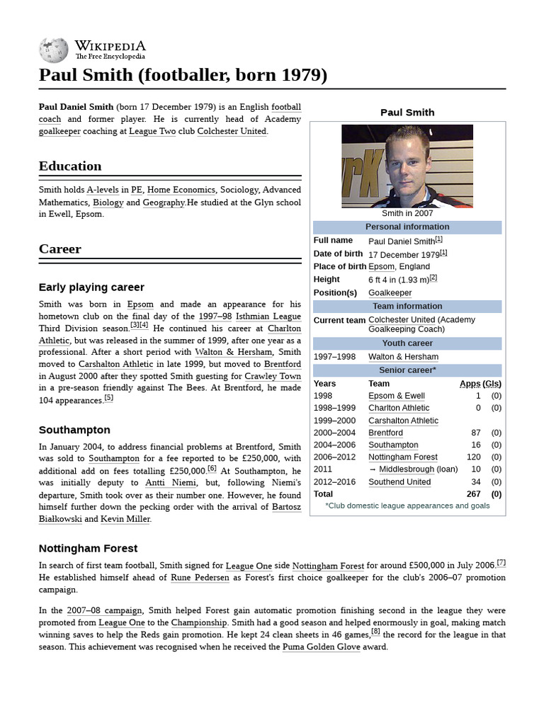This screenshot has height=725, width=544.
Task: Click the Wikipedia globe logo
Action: coord(53,49)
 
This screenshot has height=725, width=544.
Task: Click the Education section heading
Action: coord(70,166)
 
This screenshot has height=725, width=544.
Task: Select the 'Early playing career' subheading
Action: coord(91,287)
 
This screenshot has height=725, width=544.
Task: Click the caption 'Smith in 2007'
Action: coord(407,213)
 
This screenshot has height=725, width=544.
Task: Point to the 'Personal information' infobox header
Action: coord(407,227)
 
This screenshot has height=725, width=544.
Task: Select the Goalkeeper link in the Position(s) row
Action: coord(390,293)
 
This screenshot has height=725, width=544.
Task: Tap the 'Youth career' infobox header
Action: coord(407,343)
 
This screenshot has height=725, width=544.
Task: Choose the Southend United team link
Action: coord(399,482)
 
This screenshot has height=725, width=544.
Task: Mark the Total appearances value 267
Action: coord(473,494)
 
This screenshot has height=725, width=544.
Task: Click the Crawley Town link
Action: coord(273,376)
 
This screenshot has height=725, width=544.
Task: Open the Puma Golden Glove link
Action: coord(321,647)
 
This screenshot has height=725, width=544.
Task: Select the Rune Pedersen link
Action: coord(200,578)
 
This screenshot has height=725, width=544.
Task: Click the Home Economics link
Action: coord(181,190)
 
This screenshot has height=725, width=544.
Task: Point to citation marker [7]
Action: coord(501,563)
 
